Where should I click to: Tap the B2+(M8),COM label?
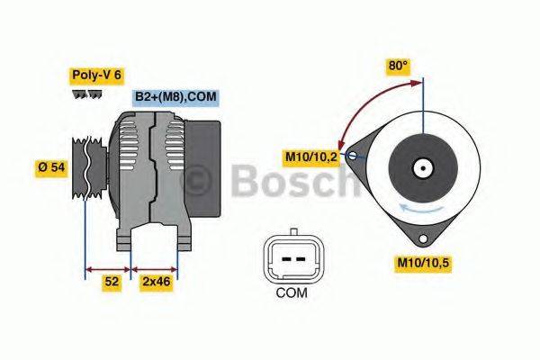click(175, 97)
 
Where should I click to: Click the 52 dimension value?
click(111, 283)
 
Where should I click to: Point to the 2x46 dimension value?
click(155, 283)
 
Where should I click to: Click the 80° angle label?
click(398, 67)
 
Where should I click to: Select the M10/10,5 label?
click(425, 264)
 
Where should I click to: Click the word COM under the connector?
click(291, 292)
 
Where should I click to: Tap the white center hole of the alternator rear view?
click(421, 167)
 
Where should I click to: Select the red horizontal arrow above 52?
click(108, 267)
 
